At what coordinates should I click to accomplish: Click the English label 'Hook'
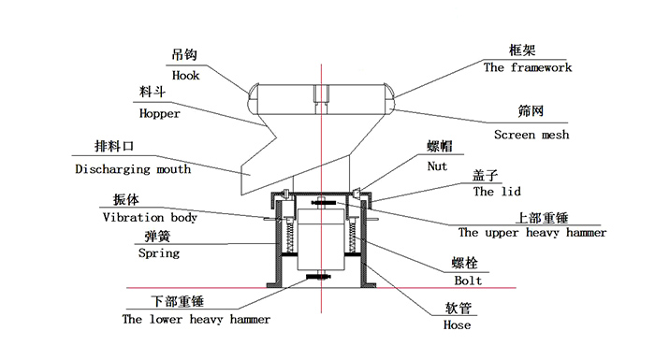point(187,74)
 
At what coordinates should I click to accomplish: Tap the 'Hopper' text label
point(159,113)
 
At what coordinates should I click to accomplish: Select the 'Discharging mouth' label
point(133,169)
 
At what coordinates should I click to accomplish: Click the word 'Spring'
point(159,252)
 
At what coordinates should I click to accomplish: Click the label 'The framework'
point(527,67)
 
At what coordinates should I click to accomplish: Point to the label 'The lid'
point(496,191)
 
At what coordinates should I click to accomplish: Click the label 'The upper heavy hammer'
point(531,233)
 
